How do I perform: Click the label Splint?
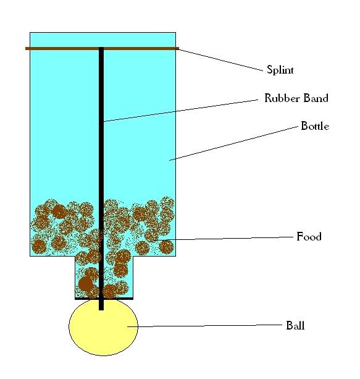[280, 70]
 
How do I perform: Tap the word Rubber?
[282, 98]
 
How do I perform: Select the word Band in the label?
[316, 98]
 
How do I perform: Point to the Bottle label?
[315, 126]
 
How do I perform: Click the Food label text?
[309, 236]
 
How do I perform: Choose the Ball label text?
[295, 325]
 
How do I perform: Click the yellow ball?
[103, 327]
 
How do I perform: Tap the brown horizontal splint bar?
[102, 49]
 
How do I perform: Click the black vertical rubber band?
[101, 179]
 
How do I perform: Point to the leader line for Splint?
[220, 60]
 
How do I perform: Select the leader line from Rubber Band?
[181, 111]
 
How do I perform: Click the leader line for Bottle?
[233, 143]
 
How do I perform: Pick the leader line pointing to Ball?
[205, 326]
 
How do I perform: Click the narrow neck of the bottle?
[104, 277]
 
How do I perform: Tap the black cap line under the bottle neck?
[104, 299]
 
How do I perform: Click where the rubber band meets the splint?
[101, 49]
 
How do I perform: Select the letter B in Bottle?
[304, 126]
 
